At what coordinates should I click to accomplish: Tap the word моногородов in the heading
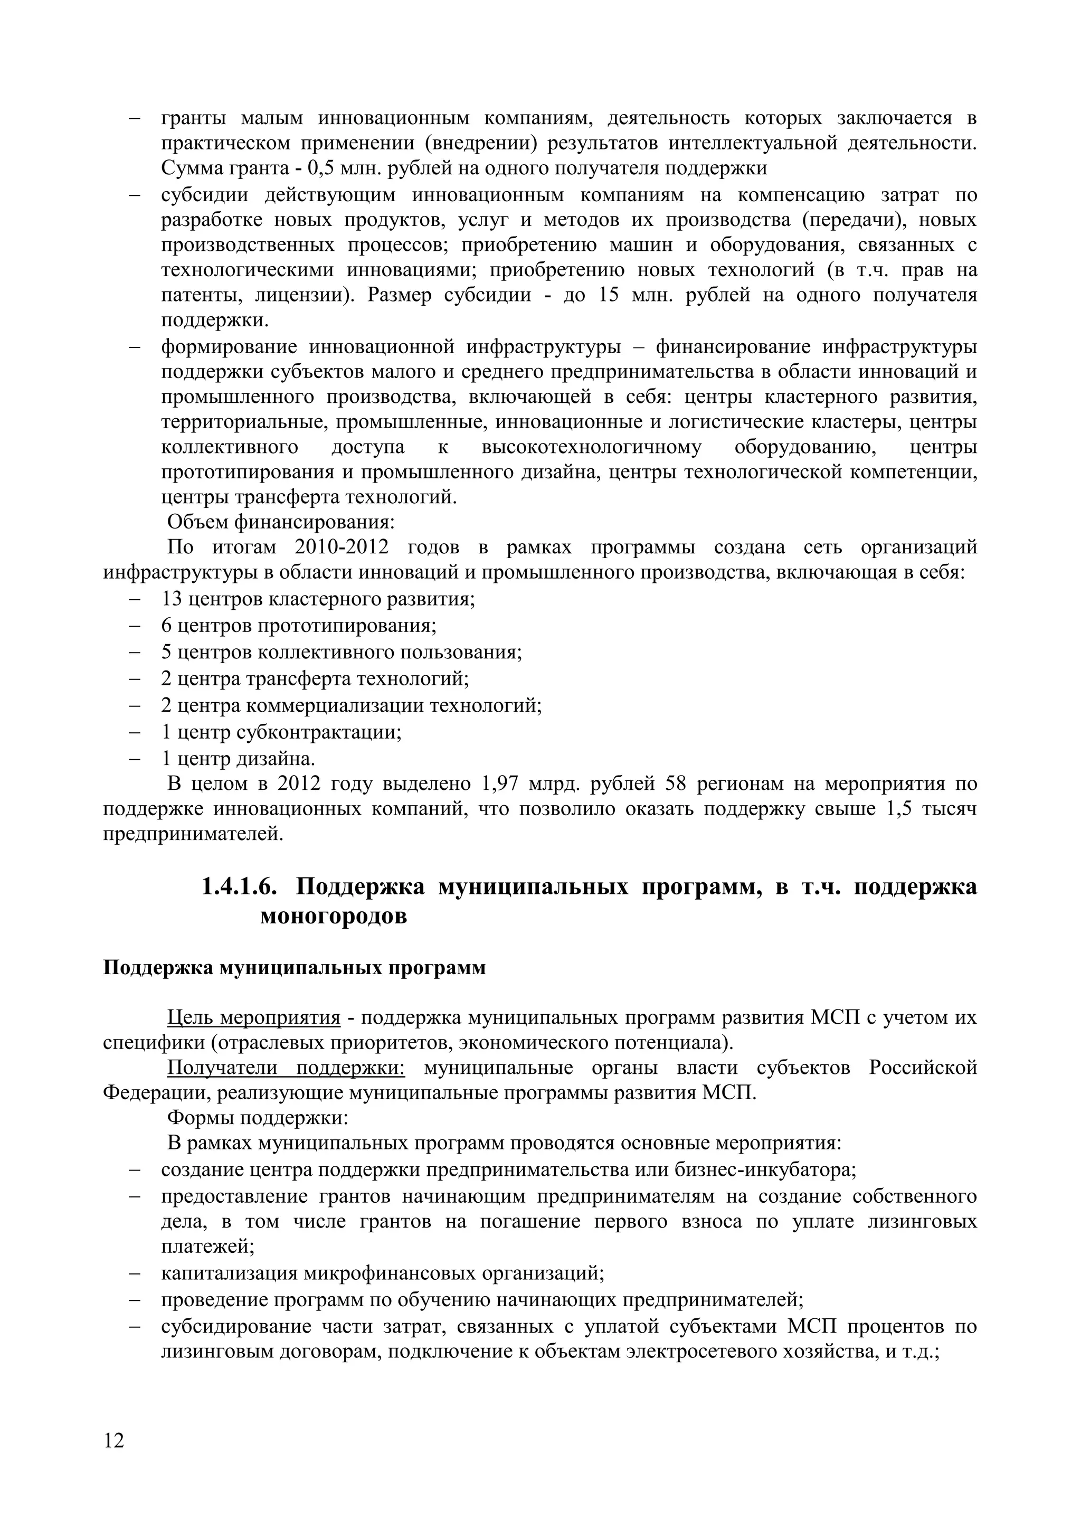(333, 917)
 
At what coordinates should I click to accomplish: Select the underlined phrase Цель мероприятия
(253, 1018)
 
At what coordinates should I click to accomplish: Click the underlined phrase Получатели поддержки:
(286, 1068)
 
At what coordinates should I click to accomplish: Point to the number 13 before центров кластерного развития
(172, 599)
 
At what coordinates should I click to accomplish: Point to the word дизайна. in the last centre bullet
(280, 759)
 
